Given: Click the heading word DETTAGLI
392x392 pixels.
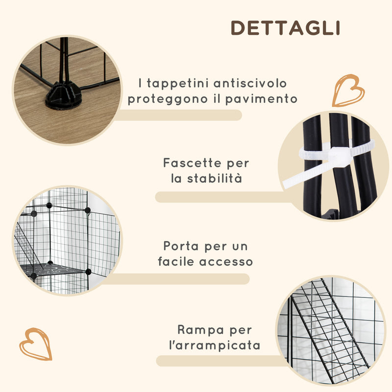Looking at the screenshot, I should coord(285,28).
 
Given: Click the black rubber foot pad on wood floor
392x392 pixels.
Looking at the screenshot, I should coord(63,95).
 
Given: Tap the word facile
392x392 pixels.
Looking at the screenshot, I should coord(176,261).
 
